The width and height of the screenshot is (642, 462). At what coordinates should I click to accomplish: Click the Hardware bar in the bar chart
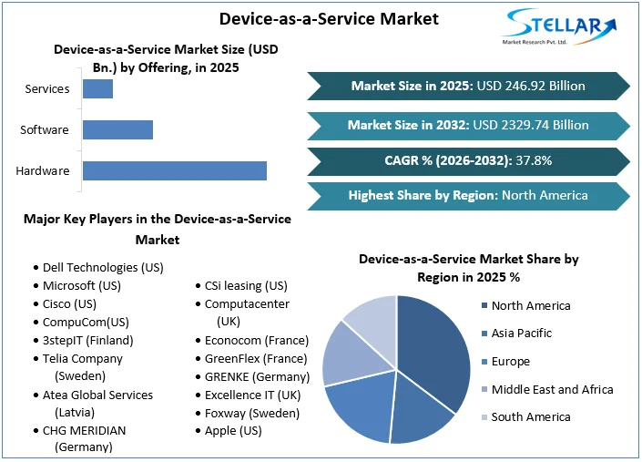(174, 170)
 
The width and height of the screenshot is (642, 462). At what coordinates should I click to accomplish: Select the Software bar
(117, 129)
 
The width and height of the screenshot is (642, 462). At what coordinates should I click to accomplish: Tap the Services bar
(97, 88)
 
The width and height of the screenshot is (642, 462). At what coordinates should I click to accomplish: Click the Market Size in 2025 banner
(468, 86)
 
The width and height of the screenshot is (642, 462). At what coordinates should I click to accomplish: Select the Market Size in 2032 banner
(468, 125)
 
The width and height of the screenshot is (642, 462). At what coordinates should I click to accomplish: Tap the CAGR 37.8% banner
(468, 160)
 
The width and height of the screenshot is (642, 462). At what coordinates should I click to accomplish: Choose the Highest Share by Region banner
(468, 195)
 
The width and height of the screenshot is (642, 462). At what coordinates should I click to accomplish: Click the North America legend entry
(530, 306)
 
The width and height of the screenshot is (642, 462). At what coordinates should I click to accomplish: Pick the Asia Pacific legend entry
(523, 334)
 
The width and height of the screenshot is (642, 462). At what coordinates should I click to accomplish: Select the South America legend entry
(530, 416)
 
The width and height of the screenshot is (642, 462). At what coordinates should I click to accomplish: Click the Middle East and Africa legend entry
(551, 389)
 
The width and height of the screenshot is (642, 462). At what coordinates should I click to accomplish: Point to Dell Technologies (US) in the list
(102, 268)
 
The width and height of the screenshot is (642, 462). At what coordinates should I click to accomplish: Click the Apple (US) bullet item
(233, 430)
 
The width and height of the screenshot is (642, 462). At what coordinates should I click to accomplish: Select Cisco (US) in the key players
(69, 303)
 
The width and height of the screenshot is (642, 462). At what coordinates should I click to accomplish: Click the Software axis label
(45, 129)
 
